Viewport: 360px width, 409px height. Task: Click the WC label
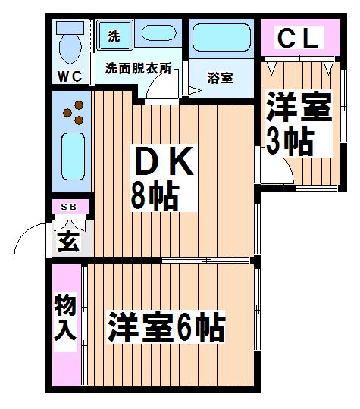pyautogui.click(x=70, y=76)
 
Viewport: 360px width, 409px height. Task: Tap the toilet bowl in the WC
pyautogui.click(x=70, y=48)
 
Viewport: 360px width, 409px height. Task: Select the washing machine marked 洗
pyautogui.click(x=114, y=36)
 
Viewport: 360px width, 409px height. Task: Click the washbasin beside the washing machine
pyautogui.click(x=158, y=33)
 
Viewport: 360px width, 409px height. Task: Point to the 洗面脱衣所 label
pyautogui.click(x=139, y=68)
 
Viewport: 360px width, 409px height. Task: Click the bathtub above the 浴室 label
pyautogui.click(x=221, y=38)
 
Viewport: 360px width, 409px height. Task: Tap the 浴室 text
pyautogui.click(x=220, y=78)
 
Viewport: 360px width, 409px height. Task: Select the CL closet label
pyautogui.click(x=299, y=38)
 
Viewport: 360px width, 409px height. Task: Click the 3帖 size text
pyautogui.click(x=290, y=142)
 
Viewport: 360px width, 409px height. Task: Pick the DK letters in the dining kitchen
pyautogui.click(x=164, y=161)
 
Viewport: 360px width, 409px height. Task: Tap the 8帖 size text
pyautogui.click(x=155, y=195)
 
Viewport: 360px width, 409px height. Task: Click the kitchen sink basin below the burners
pyautogui.click(x=74, y=156)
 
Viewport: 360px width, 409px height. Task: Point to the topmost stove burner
pyautogui.click(x=79, y=105)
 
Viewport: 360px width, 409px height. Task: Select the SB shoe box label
pyautogui.click(x=69, y=207)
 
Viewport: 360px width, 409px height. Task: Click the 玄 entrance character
pyautogui.click(x=68, y=242)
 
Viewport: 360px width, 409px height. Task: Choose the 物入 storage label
pyautogui.click(x=65, y=317)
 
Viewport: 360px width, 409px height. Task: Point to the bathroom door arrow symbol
pyautogui.click(x=195, y=91)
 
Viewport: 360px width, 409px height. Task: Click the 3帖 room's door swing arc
pyautogui.click(x=290, y=167)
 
